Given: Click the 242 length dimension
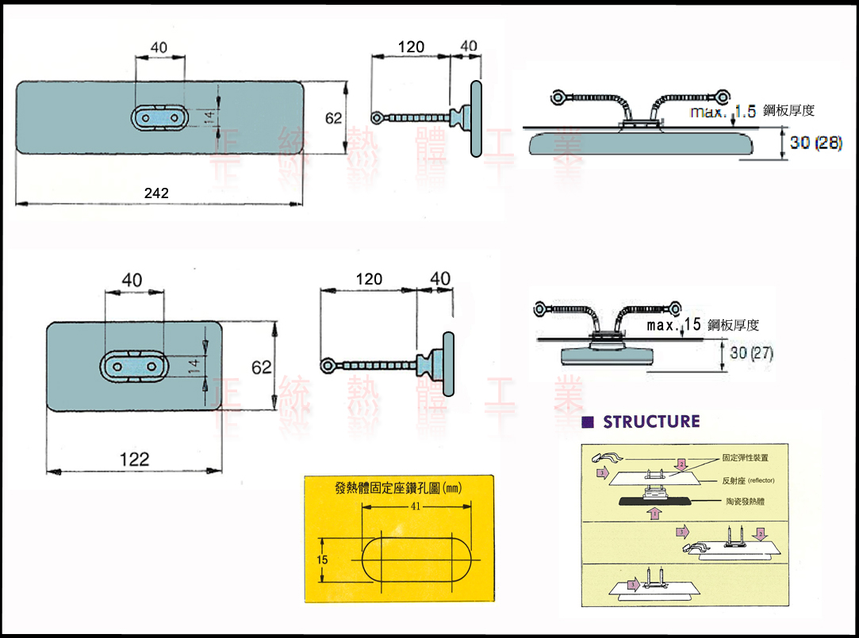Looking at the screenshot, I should click(x=156, y=193).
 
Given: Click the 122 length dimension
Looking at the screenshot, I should click(x=134, y=459).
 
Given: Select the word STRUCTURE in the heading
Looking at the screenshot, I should click(x=651, y=422).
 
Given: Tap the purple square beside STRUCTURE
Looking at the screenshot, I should click(x=588, y=422).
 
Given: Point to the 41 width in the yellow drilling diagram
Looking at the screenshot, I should click(x=416, y=506).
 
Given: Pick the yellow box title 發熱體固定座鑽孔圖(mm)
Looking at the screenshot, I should click(x=398, y=488).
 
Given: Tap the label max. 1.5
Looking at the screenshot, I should click(x=723, y=112).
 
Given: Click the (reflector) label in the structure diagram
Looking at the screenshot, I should click(x=759, y=481).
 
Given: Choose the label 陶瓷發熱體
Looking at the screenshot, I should click(x=746, y=502).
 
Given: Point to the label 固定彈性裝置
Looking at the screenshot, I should click(x=745, y=458).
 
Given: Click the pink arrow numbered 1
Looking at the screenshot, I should click(x=654, y=514).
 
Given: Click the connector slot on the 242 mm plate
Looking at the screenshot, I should click(x=160, y=117).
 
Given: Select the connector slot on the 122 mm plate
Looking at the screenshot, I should click(x=133, y=367).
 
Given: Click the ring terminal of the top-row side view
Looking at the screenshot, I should click(x=378, y=118).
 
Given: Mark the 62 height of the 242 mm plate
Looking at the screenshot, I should click(x=334, y=118).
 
